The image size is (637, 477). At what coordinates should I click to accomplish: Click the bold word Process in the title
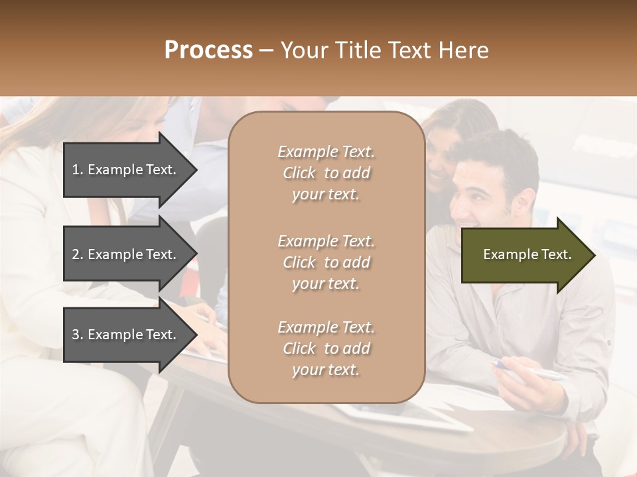(x=208, y=50)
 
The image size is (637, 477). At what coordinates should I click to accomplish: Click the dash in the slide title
(x=266, y=51)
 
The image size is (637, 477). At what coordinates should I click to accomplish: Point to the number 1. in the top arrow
(x=78, y=170)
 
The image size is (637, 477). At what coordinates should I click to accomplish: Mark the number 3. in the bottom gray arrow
(x=78, y=335)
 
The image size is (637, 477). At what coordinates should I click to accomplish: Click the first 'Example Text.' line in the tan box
(x=326, y=152)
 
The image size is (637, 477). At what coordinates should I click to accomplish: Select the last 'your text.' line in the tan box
(x=326, y=370)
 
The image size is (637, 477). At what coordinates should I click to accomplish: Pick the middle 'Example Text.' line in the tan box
(x=326, y=241)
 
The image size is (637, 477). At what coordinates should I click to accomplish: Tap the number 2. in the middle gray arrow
(x=78, y=254)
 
